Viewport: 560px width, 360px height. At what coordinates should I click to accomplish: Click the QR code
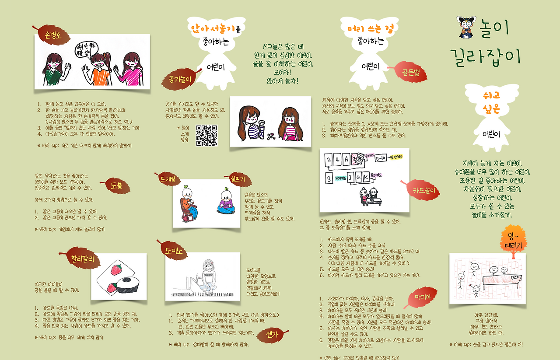(x=206, y=135)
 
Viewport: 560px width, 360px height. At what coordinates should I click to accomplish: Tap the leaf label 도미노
(x=173, y=250)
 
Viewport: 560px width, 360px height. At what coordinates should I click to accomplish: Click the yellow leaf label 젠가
(x=272, y=335)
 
